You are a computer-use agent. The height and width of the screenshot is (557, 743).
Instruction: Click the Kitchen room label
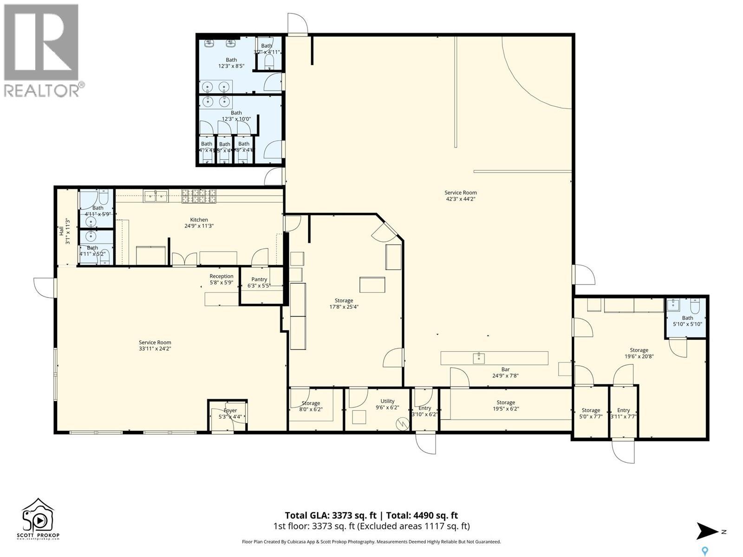click(x=199, y=220)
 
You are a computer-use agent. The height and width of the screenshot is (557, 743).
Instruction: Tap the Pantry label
click(x=259, y=279)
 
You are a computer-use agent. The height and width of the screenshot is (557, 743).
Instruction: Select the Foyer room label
click(x=230, y=410)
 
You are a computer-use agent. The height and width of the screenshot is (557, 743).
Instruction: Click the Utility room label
click(x=387, y=401)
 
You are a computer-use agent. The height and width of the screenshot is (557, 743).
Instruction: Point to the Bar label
click(x=505, y=369)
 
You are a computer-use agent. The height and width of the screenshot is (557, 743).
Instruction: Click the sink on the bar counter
click(x=479, y=358)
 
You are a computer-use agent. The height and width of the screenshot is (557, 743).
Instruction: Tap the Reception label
click(x=221, y=276)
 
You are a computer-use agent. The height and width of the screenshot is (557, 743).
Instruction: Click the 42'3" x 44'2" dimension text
click(x=460, y=199)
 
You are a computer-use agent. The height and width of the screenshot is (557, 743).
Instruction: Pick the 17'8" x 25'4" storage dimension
click(x=344, y=307)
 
